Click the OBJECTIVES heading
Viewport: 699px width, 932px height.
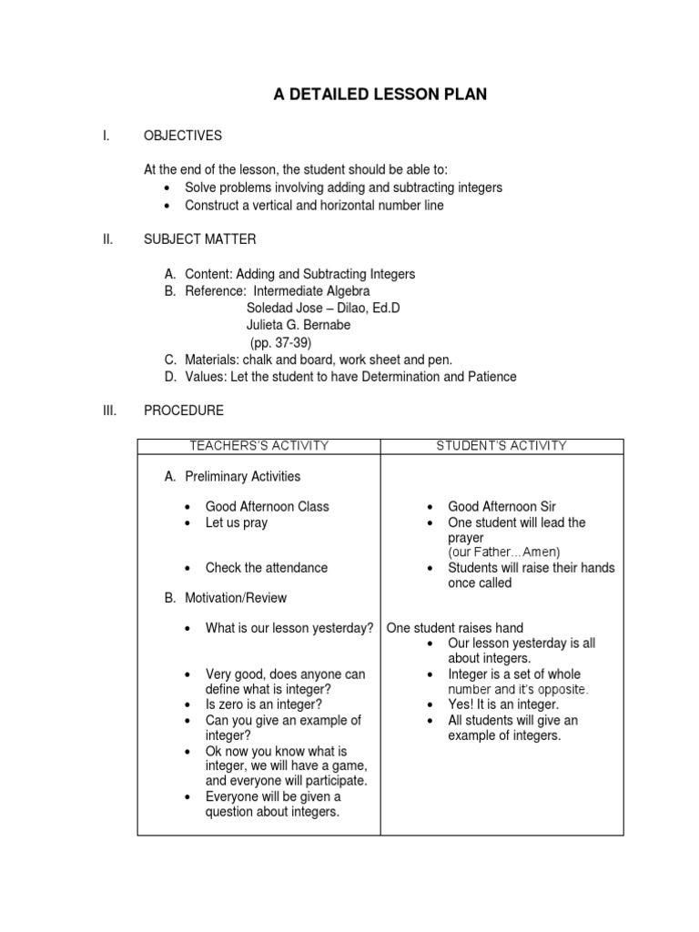(183, 137)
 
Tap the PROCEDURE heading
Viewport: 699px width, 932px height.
(184, 410)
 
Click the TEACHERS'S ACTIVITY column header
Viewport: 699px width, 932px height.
(258, 446)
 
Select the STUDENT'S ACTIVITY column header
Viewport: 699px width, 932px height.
(501, 446)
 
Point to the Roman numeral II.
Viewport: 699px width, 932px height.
(106, 239)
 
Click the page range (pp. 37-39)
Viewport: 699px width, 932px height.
(280, 342)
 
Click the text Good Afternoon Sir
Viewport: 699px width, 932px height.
(501, 506)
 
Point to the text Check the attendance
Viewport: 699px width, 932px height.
(267, 568)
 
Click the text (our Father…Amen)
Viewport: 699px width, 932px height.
(504, 552)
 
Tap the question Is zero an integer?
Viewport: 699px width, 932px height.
(264, 704)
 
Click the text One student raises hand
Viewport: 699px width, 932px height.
(455, 628)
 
